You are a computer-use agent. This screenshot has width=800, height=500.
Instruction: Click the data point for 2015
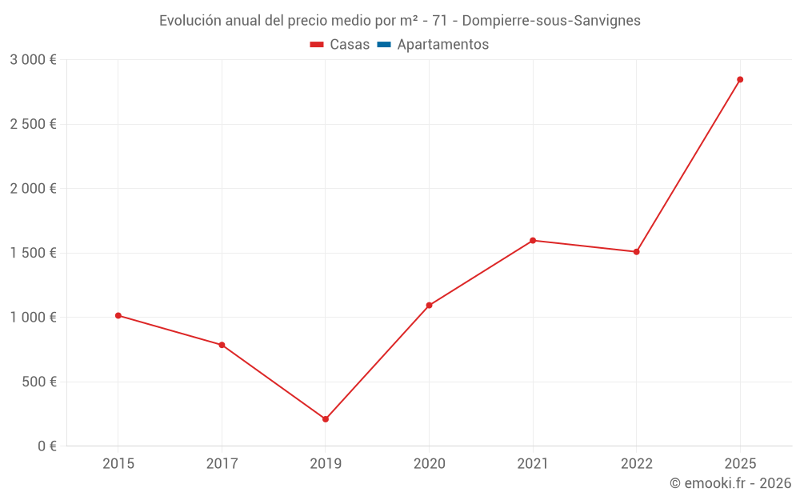(118, 315)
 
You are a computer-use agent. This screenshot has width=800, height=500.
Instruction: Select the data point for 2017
(222, 345)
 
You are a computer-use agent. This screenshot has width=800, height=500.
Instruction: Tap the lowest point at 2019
(326, 419)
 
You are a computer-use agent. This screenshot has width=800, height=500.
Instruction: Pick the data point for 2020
(429, 305)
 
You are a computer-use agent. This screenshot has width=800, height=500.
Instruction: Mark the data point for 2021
(533, 240)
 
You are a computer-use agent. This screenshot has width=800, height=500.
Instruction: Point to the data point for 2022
(636, 252)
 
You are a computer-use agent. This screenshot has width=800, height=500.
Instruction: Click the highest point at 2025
(740, 79)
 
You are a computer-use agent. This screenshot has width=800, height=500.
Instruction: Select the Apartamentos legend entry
(442, 45)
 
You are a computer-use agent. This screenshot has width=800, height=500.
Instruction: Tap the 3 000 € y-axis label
(33, 60)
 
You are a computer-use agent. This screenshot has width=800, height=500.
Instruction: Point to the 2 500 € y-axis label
(33, 124)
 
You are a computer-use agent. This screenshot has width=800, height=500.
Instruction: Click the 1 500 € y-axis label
(33, 253)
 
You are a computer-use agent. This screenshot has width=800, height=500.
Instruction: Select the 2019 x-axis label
(326, 463)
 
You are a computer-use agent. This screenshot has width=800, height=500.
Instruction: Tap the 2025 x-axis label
(740, 463)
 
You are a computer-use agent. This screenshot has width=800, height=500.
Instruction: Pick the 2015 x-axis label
(118, 463)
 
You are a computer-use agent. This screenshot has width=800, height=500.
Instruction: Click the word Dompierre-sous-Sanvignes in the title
(551, 21)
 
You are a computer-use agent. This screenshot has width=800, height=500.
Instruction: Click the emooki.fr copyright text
(730, 483)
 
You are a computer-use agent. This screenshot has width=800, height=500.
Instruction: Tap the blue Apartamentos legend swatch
(384, 45)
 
